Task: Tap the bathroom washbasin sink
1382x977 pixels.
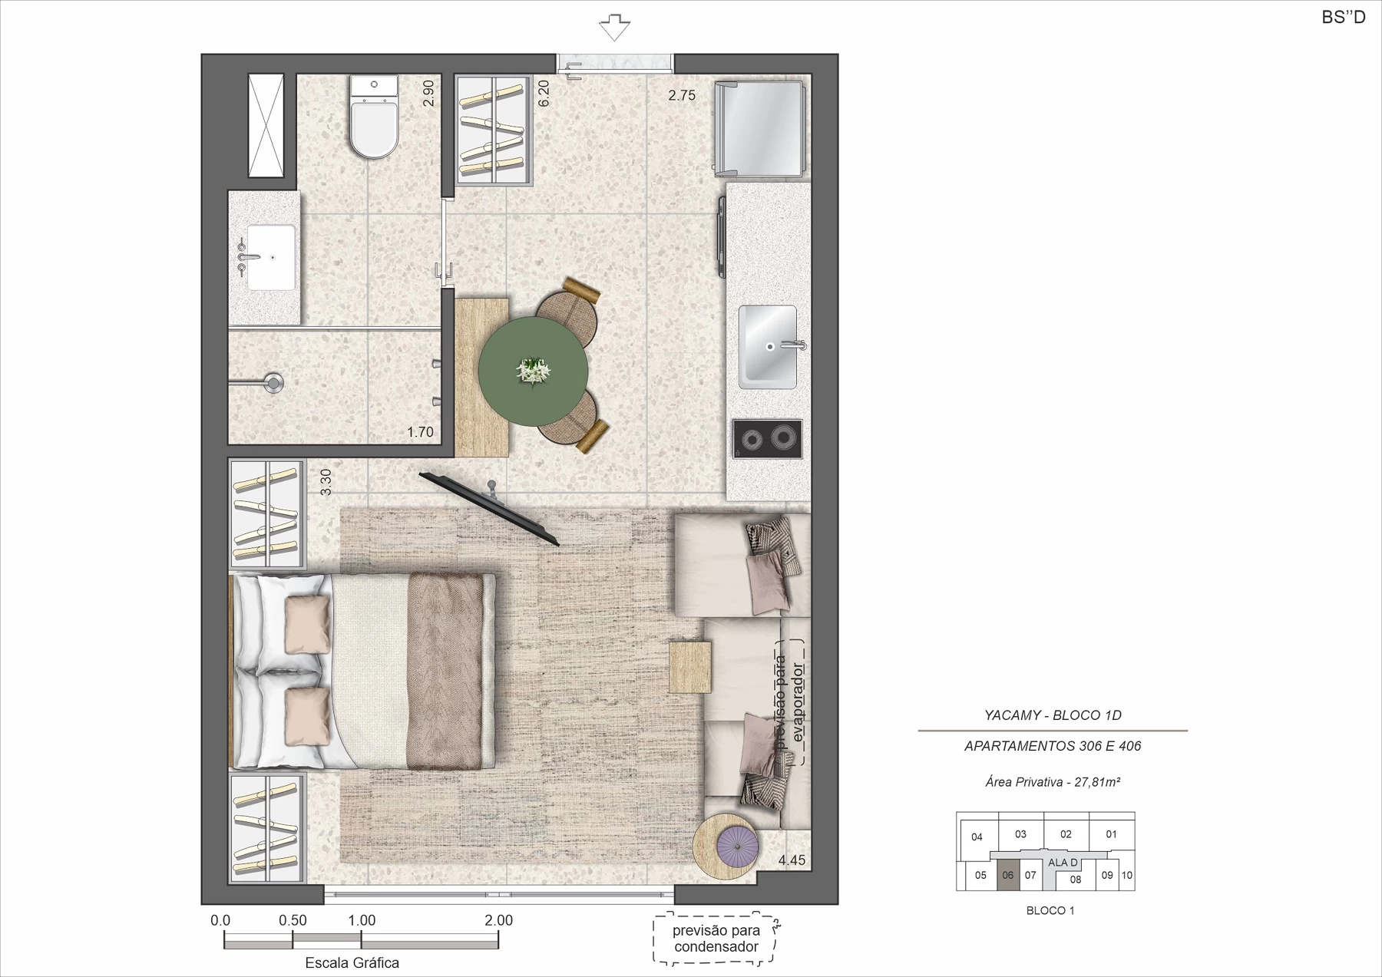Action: pyautogui.click(x=269, y=257)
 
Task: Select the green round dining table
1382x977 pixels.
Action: pyautogui.click(x=533, y=371)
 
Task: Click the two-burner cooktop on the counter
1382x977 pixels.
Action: pyautogui.click(x=767, y=439)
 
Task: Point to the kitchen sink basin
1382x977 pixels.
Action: pyautogui.click(x=768, y=347)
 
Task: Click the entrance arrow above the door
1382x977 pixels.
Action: pyautogui.click(x=614, y=27)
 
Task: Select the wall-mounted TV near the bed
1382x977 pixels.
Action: pyautogui.click(x=489, y=509)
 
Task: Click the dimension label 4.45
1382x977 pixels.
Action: pyautogui.click(x=792, y=860)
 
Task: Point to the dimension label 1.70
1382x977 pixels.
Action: pyautogui.click(x=420, y=432)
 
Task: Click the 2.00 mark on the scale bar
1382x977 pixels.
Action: pyautogui.click(x=498, y=920)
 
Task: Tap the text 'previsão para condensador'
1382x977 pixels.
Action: pyautogui.click(x=716, y=939)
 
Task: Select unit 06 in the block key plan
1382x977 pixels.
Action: pyautogui.click(x=1008, y=876)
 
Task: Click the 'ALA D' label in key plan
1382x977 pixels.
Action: pyautogui.click(x=1063, y=863)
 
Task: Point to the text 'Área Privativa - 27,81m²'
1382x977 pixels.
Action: pyautogui.click(x=1053, y=782)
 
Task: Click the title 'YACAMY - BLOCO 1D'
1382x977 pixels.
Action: pyautogui.click(x=1053, y=715)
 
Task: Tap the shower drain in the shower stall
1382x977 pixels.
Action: pyautogui.click(x=273, y=382)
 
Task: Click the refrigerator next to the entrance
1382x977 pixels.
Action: pyautogui.click(x=759, y=127)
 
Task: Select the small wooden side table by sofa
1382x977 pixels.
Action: pyautogui.click(x=689, y=667)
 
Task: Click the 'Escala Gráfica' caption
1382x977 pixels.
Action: pyautogui.click(x=352, y=962)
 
